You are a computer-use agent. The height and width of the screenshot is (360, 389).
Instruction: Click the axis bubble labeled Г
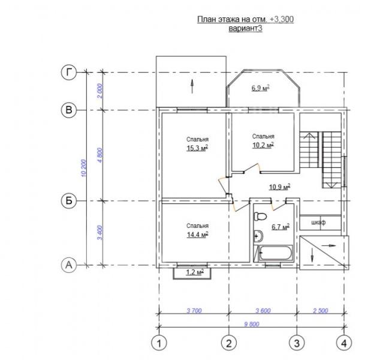point(69,72)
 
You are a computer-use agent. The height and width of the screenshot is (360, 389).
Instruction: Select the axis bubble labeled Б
point(69,200)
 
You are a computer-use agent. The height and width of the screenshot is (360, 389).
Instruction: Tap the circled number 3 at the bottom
point(297,343)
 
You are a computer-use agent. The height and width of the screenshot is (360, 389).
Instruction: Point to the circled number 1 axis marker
point(159,343)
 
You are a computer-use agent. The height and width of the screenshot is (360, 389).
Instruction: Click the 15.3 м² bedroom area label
point(197,148)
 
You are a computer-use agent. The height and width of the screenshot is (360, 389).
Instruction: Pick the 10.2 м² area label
point(263,145)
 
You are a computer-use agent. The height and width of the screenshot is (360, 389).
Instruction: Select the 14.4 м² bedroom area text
point(197,235)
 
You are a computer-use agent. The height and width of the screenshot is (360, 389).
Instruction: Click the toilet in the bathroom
point(260,216)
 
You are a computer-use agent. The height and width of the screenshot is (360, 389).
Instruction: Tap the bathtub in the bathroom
point(275,253)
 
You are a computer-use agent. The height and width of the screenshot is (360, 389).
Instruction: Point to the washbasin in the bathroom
point(258,236)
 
